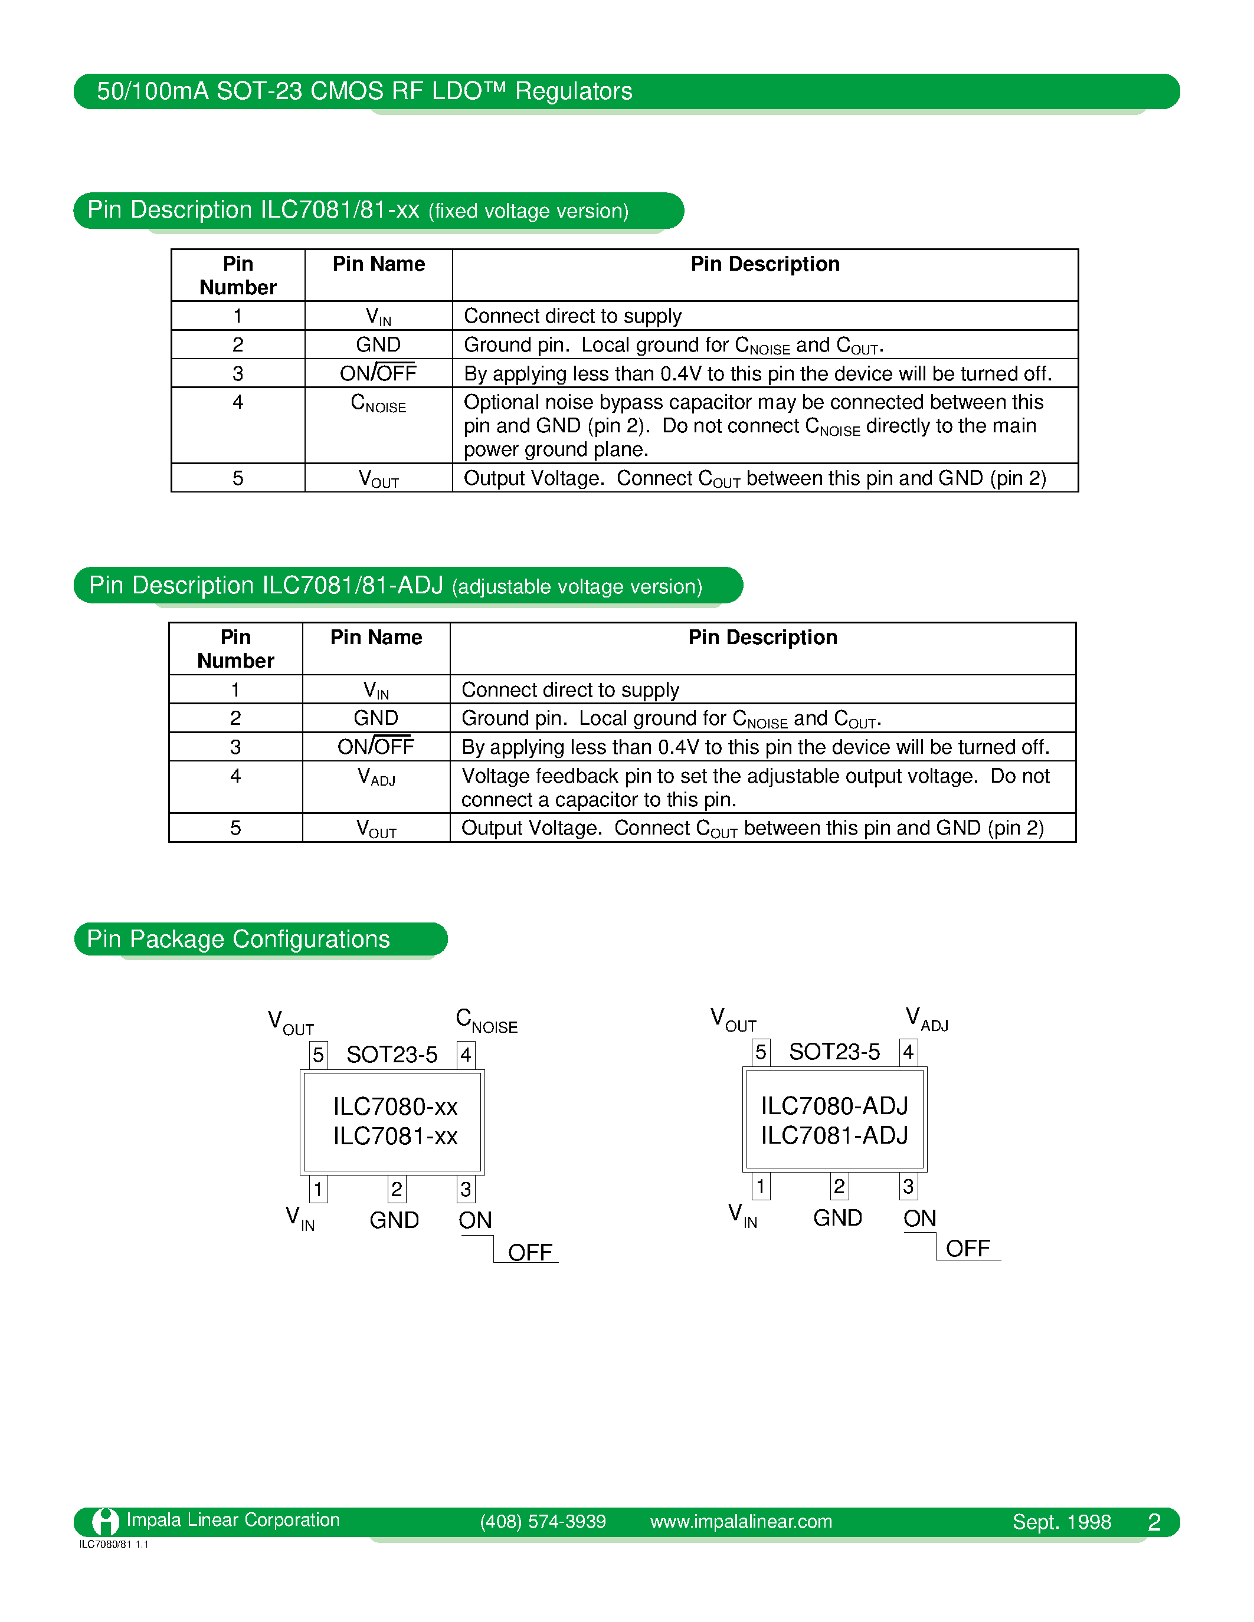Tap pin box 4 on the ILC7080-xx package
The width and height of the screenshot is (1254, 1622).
[466, 1055]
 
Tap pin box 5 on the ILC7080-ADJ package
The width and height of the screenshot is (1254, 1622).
[760, 1052]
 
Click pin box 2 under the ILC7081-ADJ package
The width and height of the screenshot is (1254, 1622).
[839, 1186]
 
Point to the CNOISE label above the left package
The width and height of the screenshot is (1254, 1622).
[486, 1021]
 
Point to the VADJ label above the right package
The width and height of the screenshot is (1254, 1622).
[926, 1019]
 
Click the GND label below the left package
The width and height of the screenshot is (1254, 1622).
[394, 1220]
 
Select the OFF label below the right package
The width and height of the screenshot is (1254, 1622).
[967, 1249]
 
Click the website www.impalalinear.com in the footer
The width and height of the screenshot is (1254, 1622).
[741, 1522]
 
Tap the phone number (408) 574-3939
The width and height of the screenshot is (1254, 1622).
[542, 1522]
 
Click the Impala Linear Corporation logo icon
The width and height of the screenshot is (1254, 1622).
[106, 1521]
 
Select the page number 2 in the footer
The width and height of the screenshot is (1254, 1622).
[1154, 1522]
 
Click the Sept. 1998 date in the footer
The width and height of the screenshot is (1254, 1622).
[1062, 1522]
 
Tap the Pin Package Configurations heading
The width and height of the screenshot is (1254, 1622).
[238, 940]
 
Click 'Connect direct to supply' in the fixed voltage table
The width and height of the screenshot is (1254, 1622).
[572, 316]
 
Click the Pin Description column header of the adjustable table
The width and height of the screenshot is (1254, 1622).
[762, 638]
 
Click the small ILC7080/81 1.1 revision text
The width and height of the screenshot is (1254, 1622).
[114, 1544]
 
